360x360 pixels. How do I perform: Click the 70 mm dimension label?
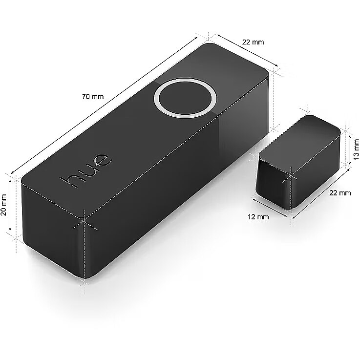pos(93,97)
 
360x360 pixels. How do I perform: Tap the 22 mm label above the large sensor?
pos(253,42)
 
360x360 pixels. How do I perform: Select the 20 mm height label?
pos(4,205)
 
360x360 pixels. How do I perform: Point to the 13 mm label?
pos(356,149)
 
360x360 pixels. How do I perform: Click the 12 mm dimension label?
pos(258,216)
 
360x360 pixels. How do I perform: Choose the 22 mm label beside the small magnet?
pos(340,193)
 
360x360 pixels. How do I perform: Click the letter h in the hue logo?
pos(69,182)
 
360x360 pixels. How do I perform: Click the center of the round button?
pos(185,98)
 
